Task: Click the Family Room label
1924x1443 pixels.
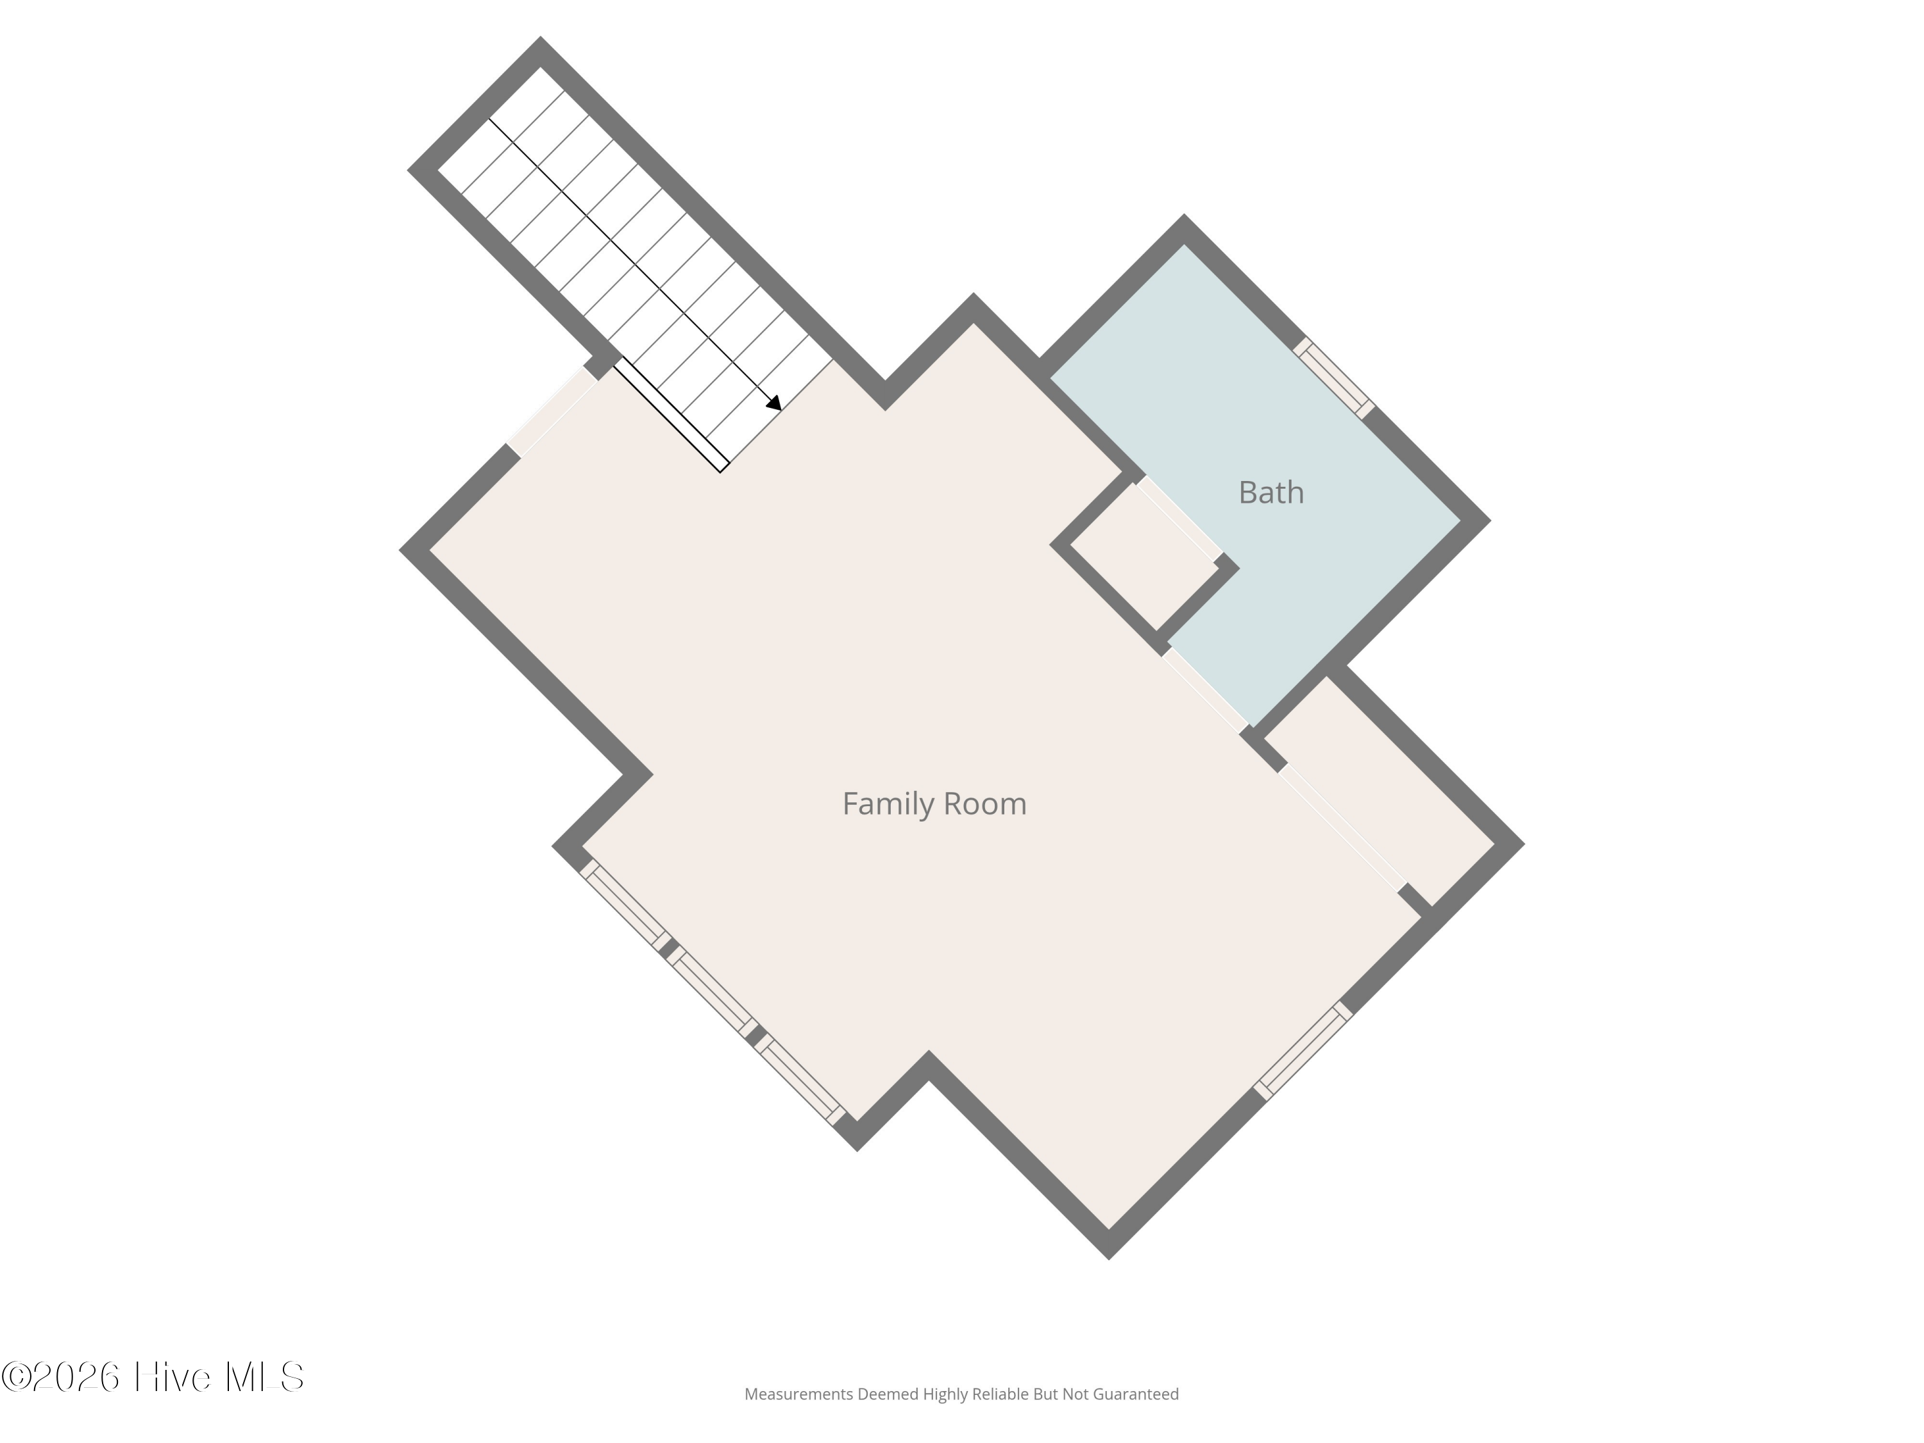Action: [934, 804]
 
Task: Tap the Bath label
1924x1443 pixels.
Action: [1270, 493]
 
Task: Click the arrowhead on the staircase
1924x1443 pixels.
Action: [774, 403]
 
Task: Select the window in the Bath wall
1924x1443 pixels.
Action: [1333, 378]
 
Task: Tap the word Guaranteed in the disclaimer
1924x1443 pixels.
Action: [1135, 1394]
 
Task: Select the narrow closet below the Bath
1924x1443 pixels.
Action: [1379, 791]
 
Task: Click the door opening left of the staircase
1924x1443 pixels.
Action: [552, 410]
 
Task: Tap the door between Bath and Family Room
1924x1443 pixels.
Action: [1206, 689]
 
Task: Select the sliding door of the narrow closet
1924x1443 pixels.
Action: [1342, 827]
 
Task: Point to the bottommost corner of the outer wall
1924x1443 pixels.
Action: [1109, 1258]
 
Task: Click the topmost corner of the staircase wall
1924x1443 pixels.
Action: [540, 37]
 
